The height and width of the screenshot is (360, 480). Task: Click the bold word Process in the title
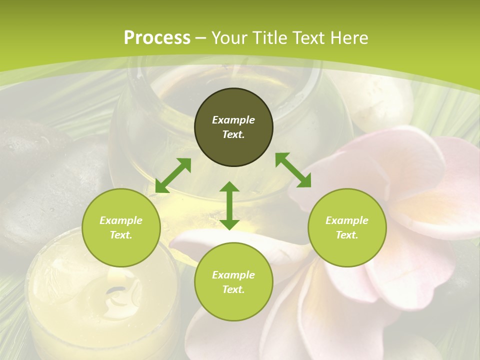click(157, 38)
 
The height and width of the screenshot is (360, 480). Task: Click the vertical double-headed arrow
click(229, 205)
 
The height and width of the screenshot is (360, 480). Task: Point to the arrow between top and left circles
click(173, 175)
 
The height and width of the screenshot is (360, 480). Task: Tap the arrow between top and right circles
click(293, 170)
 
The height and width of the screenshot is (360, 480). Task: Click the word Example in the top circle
click(233, 120)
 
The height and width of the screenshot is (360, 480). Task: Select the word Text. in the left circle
click(121, 235)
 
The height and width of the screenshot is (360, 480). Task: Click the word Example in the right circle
click(347, 220)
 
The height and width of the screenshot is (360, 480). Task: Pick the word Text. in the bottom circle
click(233, 289)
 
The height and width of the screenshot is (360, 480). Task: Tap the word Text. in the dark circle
click(233, 134)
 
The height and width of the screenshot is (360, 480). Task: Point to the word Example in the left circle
click(121, 220)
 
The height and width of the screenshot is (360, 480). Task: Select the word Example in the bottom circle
click(233, 275)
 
